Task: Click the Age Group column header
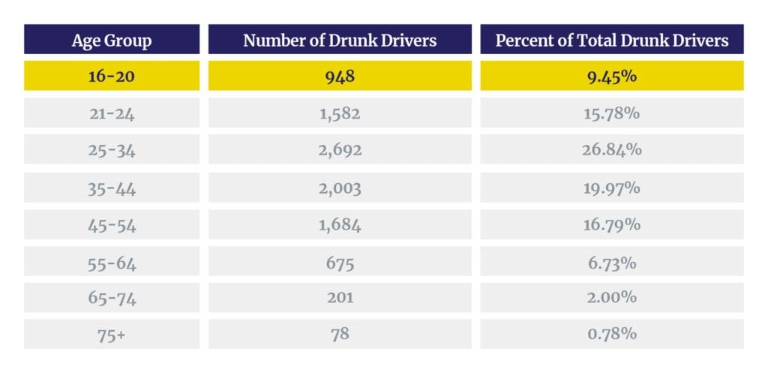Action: coord(111,40)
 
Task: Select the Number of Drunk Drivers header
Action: coord(340,40)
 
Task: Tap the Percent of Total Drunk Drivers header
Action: coord(612,40)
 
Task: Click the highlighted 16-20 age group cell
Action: coord(111,76)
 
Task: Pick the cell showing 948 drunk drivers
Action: coord(340,76)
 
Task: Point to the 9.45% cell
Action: coord(612,76)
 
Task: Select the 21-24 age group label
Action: coord(111,113)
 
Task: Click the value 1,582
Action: coord(340,113)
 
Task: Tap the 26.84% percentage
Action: coord(612,150)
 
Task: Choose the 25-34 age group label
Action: coord(111,150)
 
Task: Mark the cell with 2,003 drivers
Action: coord(340,188)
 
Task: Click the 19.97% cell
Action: coord(612,188)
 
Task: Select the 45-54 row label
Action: coord(111,224)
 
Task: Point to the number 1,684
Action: coord(340,224)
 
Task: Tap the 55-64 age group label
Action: coord(111,262)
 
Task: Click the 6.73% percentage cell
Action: coord(612,262)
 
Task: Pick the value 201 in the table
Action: coord(340,298)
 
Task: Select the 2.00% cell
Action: coord(612,298)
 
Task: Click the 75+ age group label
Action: coord(111,335)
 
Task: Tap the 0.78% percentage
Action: coord(612,335)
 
